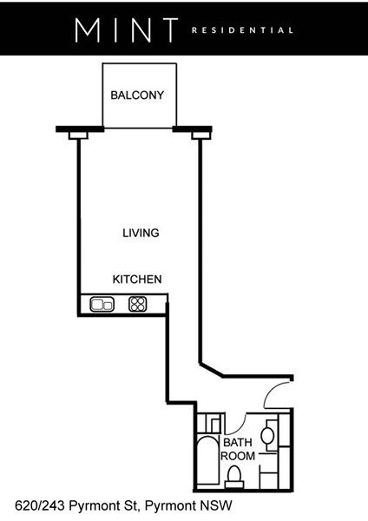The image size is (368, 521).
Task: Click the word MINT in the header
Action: pyautogui.click(x=126, y=30)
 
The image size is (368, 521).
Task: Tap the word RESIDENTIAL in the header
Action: pyautogui.click(x=242, y=30)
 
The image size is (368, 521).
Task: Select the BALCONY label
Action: pyautogui.click(x=137, y=96)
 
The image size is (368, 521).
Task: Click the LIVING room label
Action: pyautogui.click(x=141, y=233)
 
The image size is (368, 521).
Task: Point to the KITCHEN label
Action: pyautogui.click(x=137, y=280)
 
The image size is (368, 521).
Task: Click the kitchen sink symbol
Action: pyautogui.click(x=102, y=304)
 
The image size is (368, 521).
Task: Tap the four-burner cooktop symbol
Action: pyautogui.click(x=137, y=304)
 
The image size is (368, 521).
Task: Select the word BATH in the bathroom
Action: pyautogui.click(x=238, y=443)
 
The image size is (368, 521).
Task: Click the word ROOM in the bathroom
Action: pyautogui.click(x=238, y=456)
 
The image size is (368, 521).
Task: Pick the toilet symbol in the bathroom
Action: pyautogui.click(x=234, y=477)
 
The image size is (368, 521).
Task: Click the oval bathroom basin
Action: pyautogui.click(x=267, y=436)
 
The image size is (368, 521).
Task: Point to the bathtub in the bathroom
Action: pyautogui.click(x=208, y=460)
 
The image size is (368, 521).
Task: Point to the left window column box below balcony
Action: pyautogui.click(x=78, y=135)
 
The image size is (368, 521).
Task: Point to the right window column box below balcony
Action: pyautogui.click(x=201, y=135)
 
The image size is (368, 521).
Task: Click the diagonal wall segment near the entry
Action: pyautogui.click(x=211, y=370)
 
